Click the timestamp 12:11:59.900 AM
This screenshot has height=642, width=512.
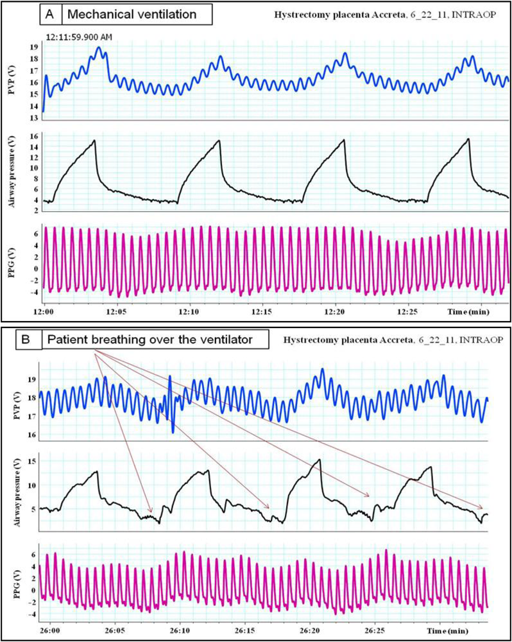80,37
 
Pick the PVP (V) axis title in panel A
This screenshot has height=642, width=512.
12,82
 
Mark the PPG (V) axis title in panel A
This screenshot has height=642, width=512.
12,261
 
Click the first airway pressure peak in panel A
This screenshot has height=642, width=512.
94,141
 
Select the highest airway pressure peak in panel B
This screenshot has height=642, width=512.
319,460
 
